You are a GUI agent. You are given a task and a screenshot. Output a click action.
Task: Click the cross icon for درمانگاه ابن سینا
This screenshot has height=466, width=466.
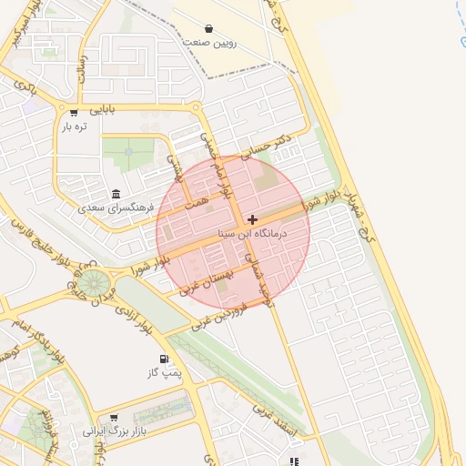coord(252,219)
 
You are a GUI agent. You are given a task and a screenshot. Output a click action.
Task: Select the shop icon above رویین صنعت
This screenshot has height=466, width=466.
coord(209,29)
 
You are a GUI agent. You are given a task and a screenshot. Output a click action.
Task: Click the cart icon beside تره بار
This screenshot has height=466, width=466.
coord(74,114)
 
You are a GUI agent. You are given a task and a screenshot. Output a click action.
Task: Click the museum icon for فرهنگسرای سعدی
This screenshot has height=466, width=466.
coord(116,195)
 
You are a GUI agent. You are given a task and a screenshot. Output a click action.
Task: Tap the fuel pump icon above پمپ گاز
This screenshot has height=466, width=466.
coord(164,360)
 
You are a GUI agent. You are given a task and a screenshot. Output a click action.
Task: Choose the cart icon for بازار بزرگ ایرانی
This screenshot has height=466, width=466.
coord(113,418)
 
